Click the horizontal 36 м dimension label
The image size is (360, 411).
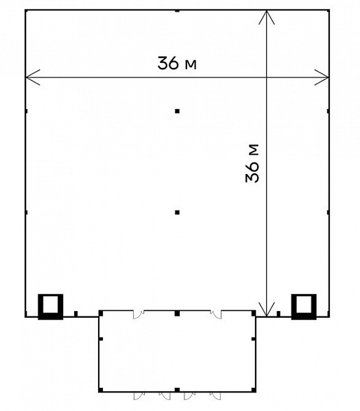click(177, 63)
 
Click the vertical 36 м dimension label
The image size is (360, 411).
click(252, 163)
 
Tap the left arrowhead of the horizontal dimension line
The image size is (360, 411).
click(32, 77)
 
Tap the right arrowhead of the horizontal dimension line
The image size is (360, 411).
click(322, 77)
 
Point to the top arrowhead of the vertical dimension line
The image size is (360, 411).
click(267, 17)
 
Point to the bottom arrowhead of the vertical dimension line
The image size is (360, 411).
click(267, 310)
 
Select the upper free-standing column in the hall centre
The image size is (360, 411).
click(178, 111)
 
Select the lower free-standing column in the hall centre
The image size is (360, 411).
click(178, 212)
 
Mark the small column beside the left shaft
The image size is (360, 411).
click(76, 314)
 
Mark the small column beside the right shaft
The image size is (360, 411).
click(278, 314)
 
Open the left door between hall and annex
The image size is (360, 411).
click(138, 314)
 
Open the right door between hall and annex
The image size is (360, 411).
click(216, 314)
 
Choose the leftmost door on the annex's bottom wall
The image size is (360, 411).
click(139, 396)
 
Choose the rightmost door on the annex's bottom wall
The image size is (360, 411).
click(216, 396)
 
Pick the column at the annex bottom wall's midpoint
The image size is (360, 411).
click(178, 390)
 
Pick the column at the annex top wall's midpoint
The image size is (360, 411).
click(178, 313)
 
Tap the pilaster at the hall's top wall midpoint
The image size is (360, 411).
click(178, 11)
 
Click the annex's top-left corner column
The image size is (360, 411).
click(101, 313)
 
